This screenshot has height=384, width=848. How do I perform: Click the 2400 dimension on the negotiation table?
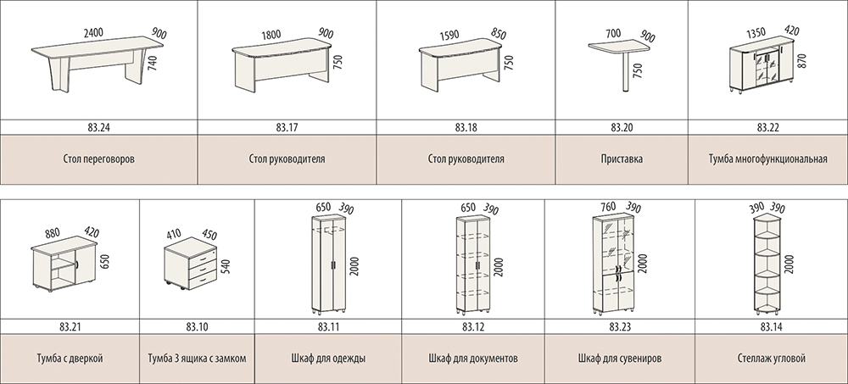point(93,33)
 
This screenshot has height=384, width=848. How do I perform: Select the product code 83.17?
point(287,128)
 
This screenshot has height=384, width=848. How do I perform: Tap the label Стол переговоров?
point(98,159)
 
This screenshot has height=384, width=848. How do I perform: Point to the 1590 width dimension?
point(449,36)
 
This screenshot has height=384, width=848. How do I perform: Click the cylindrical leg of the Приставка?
point(627,72)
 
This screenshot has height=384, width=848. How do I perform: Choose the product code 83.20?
point(622,128)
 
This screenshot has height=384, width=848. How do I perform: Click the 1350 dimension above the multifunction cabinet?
point(756,32)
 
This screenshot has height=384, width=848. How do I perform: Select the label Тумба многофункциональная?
point(768,159)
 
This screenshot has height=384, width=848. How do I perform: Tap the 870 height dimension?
point(801,59)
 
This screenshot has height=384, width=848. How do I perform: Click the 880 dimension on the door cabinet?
point(53,234)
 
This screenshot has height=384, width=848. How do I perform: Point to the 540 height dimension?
point(226,267)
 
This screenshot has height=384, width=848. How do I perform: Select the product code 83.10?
point(197,326)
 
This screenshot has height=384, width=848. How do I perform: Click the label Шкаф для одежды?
point(328,359)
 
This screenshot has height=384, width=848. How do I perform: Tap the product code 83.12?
point(473,326)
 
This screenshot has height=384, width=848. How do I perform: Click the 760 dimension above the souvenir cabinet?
point(608,207)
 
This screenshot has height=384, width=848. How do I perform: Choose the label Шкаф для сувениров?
point(620,359)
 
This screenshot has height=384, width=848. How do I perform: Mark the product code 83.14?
point(771,326)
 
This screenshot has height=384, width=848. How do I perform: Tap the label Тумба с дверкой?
point(70,359)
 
